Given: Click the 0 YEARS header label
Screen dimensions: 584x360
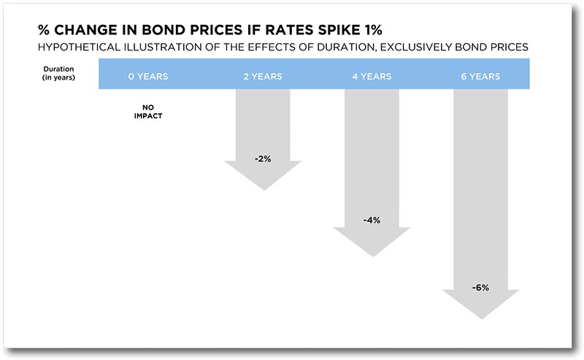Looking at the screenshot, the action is [x=148, y=77].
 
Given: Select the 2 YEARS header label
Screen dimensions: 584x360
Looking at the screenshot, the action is [x=263, y=77].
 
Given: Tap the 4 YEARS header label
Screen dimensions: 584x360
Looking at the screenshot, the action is [x=372, y=77].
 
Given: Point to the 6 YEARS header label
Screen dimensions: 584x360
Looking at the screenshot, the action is [x=480, y=77].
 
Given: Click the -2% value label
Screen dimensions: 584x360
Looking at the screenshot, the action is [x=263, y=158].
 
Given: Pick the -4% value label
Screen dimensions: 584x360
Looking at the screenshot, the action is [x=372, y=221].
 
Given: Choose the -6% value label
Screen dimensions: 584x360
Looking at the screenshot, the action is [x=480, y=287].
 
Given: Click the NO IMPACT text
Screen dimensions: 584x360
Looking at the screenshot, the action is [x=148, y=112].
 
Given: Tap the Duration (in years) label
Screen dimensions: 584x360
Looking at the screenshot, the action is [x=58, y=73].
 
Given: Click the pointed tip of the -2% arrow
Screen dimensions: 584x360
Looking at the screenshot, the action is [x=264, y=190].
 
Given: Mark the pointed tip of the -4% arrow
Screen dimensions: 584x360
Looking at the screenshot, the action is [x=373, y=256].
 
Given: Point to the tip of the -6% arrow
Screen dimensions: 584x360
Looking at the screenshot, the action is [x=482, y=319].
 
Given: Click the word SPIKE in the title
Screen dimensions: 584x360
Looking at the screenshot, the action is [x=337, y=30].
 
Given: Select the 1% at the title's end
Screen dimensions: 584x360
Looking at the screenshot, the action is [x=372, y=30].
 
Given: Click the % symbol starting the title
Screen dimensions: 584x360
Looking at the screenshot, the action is [x=44, y=30].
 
